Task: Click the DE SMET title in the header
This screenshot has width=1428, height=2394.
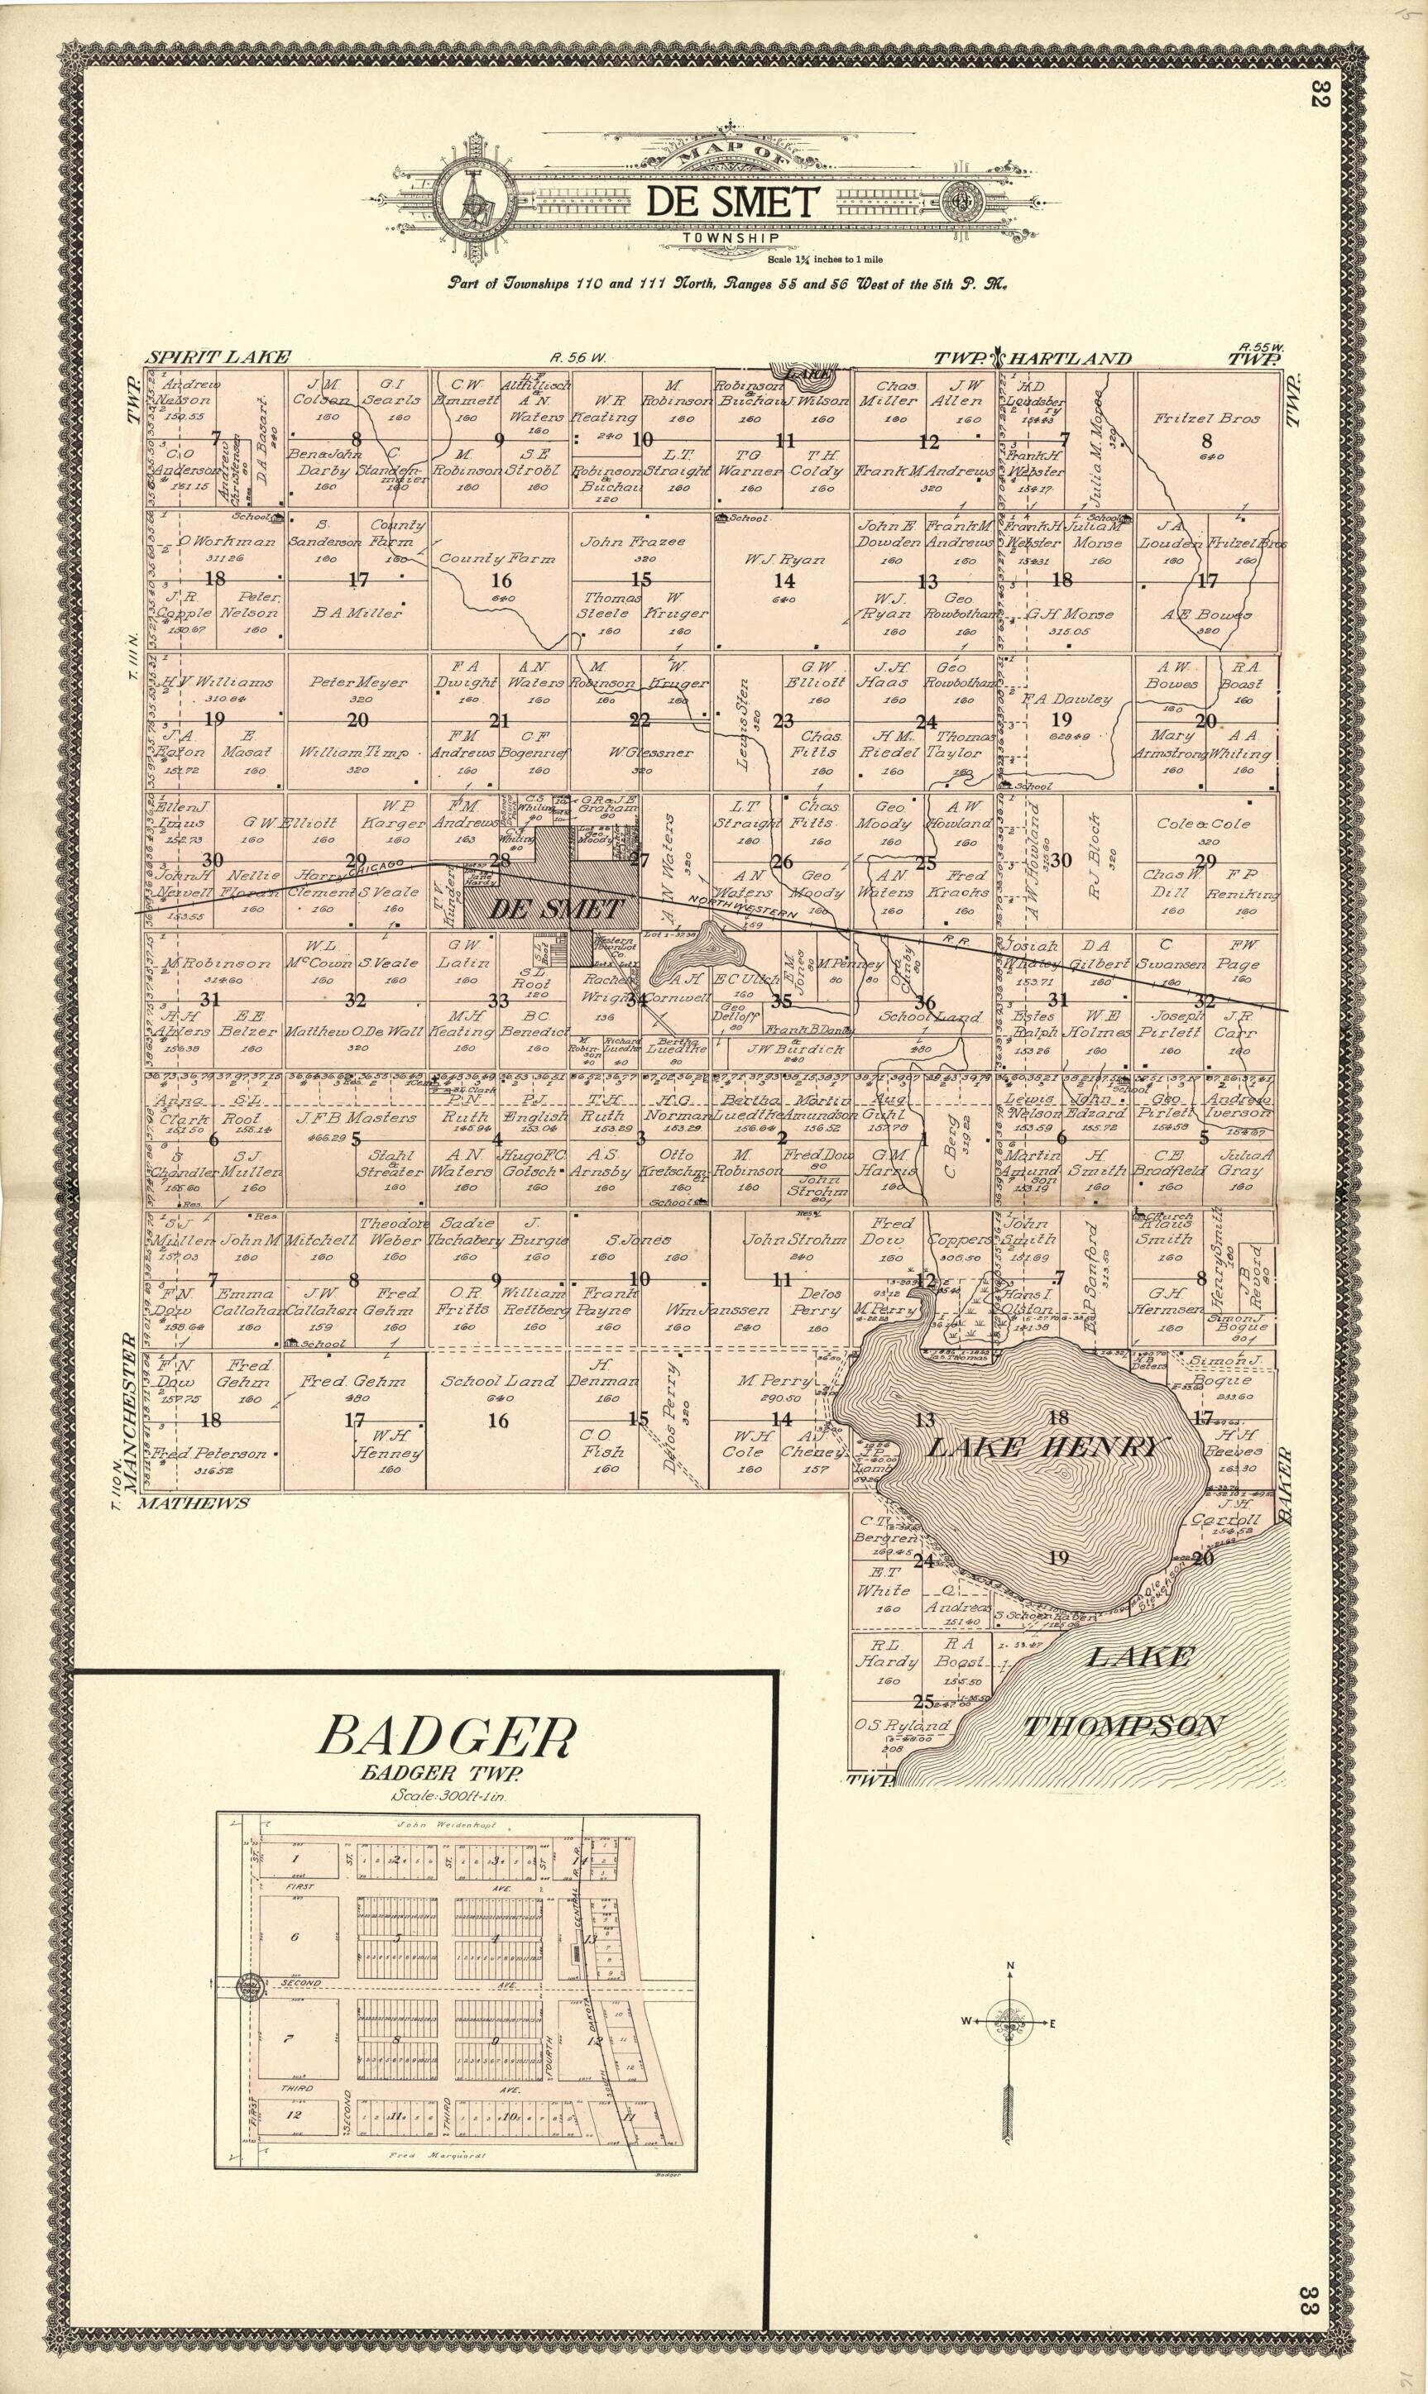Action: [731, 202]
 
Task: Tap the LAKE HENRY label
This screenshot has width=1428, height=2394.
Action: [1045, 1446]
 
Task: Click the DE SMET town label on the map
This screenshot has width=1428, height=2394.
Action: [556, 909]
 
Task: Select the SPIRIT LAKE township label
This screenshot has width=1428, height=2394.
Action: [218, 358]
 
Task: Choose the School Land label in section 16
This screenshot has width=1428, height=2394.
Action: [498, 1381]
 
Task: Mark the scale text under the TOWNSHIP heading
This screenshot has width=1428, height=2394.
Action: [824, 259]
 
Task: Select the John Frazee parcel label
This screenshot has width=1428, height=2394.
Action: [632, 542]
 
